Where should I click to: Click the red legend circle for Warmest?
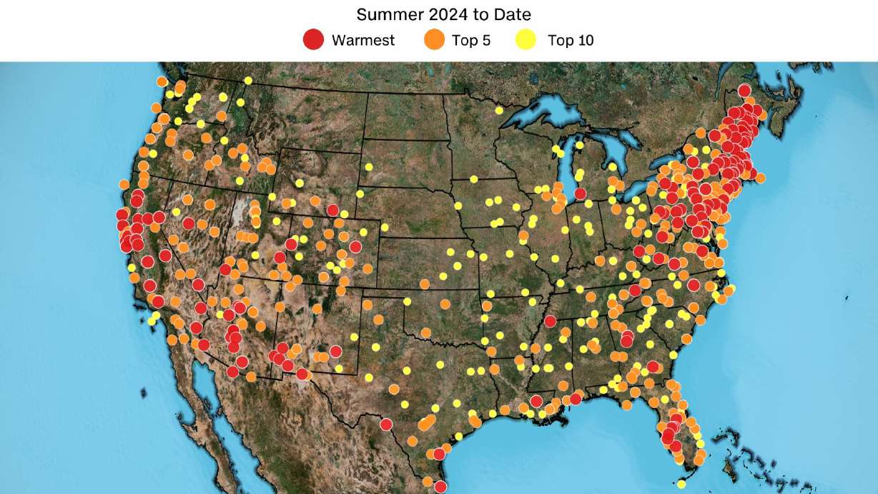tap(313, 40)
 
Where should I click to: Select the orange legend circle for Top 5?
tap(434, 40)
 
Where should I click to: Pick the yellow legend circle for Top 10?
tap(526, 40)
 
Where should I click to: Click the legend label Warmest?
tap(362, 40)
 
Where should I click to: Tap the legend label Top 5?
tap(471, 40)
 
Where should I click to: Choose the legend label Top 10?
tap(571, 40)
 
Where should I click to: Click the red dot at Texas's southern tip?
tap(440, 487)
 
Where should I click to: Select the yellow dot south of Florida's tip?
tap(681, 484)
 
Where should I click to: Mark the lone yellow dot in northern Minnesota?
tap(499, 110)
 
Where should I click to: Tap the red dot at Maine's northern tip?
tap(744, 90)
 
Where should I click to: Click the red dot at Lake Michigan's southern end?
tap(580, 193)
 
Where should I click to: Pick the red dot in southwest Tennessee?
tap(549, 321)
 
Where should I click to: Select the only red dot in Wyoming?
tap(332, 210)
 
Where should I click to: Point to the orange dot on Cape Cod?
tap(760, 178)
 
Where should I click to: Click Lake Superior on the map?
tap(551, 115)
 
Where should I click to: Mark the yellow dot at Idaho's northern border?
tap(248, 80)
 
